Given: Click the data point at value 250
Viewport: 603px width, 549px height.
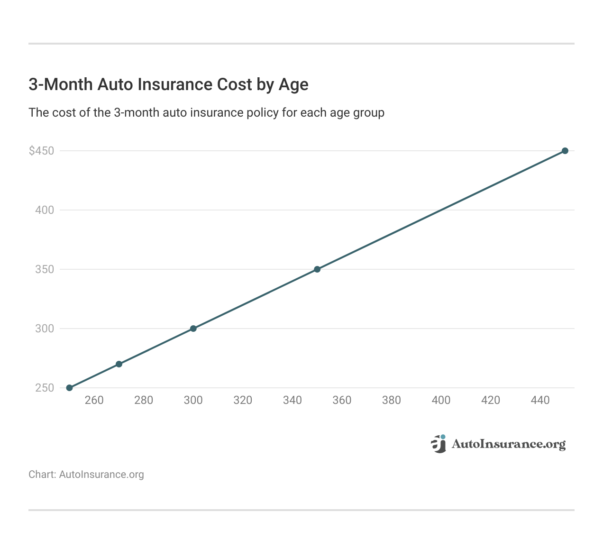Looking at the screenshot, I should pos(69,388).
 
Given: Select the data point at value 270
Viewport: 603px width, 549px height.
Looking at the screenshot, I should pos(119,364).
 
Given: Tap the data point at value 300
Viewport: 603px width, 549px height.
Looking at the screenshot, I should pos(193,329).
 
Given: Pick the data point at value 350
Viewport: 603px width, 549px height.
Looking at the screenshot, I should pos(317,269).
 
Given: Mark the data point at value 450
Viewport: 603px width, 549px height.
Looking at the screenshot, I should pos(565,151).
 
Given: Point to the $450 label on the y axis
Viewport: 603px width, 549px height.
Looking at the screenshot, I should pos(41,151).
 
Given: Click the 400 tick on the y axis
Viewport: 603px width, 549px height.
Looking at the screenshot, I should pos(45,210).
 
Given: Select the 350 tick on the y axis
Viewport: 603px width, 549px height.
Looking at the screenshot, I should pos(45,269).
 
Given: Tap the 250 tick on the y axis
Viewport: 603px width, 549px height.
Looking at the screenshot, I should pos(45,388).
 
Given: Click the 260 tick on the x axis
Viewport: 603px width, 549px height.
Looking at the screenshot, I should pos(94,400).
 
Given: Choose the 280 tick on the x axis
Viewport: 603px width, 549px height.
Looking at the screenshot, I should pos(144,400).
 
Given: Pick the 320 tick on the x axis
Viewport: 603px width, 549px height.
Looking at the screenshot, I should pos(243,400).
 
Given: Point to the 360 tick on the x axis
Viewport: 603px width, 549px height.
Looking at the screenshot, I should pos(342,400).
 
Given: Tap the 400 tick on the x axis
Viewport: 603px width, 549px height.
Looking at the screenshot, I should pos(441,400).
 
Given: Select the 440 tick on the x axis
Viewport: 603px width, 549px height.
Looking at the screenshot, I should pos(540,400).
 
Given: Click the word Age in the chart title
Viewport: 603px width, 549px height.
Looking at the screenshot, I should pos(293,84).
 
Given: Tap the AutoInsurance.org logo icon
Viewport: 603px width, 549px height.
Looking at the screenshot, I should pos(439,444).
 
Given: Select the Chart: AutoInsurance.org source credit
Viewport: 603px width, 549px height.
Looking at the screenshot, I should pos(86,475).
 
